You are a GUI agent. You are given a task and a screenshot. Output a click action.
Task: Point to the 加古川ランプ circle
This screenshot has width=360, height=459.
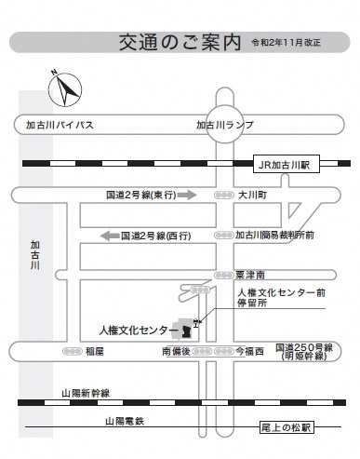pyautogui.click(x=224, y=124)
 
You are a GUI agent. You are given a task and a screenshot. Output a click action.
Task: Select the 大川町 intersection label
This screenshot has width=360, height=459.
pyautogui.click(x=253, y=196)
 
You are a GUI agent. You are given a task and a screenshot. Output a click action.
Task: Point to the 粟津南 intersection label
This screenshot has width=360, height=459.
pyautogui.click(x=252, y=276)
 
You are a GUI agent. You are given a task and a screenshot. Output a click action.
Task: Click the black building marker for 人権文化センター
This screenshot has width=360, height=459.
pyautogui.click(x=187, y=331)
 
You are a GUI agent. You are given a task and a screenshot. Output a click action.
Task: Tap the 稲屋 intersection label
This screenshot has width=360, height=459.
pyautogui.click(x=95, y=351)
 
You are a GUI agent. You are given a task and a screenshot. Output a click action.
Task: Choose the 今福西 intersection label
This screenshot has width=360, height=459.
pyautogui.click(x=248, y=351)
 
